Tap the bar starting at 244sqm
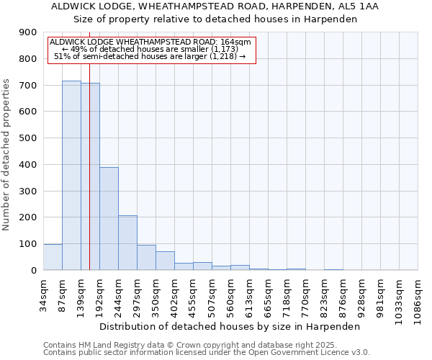(127, 243)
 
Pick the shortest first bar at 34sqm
(53, 257)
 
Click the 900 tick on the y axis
(27, 32)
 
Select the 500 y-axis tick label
(27, 138)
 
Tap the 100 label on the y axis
(27, 244)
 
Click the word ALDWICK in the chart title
(78, 6)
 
